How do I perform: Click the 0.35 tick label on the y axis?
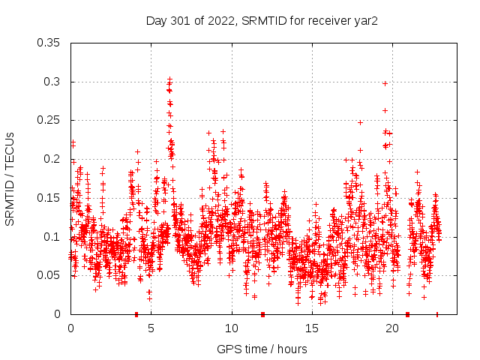(49, 43)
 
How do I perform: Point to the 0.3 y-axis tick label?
(52, 82)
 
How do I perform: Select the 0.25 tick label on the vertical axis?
(49, 120)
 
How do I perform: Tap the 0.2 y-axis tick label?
(52, 159)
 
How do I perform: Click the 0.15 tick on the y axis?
(49, 198)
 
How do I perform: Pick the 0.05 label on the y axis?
(49, 275)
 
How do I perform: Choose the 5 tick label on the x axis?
(151, 328)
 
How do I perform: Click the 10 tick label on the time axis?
(232, 328)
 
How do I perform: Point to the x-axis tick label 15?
(312, 328)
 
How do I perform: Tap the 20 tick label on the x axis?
(392, 328)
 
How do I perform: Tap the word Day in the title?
(156, 20)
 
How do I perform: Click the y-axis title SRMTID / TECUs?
(10, 178)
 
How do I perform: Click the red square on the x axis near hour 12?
(262, 314)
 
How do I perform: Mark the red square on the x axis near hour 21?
(407, 314)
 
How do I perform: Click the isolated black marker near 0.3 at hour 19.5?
(385, 83)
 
